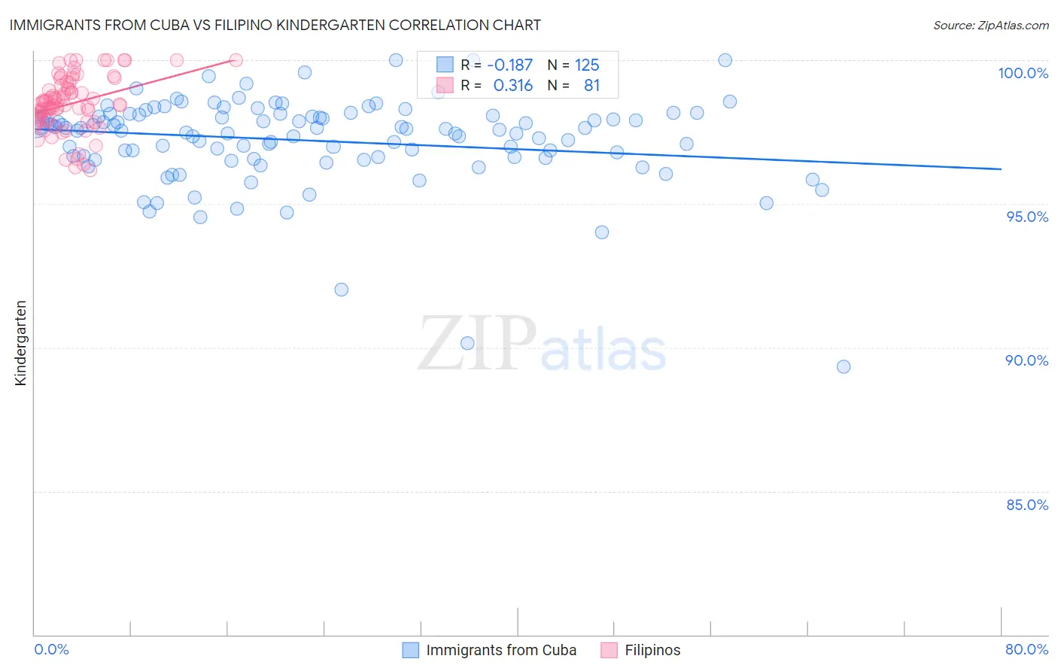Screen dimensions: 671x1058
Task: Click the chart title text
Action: [x=275, y=25]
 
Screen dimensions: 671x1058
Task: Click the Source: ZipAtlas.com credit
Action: [x=990, y=26]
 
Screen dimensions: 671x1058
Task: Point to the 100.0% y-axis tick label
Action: [x=1023, y=73]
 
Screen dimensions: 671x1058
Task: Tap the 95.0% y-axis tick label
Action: [x=1027, y=217]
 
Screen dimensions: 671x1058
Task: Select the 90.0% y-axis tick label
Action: [x=1026, y=360]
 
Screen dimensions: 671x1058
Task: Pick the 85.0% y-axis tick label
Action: [x=1027, y=505]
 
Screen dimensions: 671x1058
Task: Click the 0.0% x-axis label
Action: [x=51, y=649]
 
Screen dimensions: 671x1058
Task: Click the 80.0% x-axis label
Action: [x=1026, y=649]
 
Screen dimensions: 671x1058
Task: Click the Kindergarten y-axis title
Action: [x=20, y=343]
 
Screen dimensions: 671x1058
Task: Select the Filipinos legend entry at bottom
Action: [x=652, y=650]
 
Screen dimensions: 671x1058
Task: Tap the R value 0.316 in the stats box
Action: [x=512, y=86]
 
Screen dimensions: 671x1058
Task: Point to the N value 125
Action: [x=587, y=65]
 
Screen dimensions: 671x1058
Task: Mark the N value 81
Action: [x=591, y=86]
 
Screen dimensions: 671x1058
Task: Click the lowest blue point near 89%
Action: [x=844, y=367]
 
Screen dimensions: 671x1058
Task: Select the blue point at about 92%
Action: [x=341, y=290]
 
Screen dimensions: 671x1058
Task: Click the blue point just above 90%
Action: [x=467, y=343]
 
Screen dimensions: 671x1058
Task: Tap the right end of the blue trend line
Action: [x=1001, y=169]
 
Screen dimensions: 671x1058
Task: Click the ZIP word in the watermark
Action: [x=477, y=345]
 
